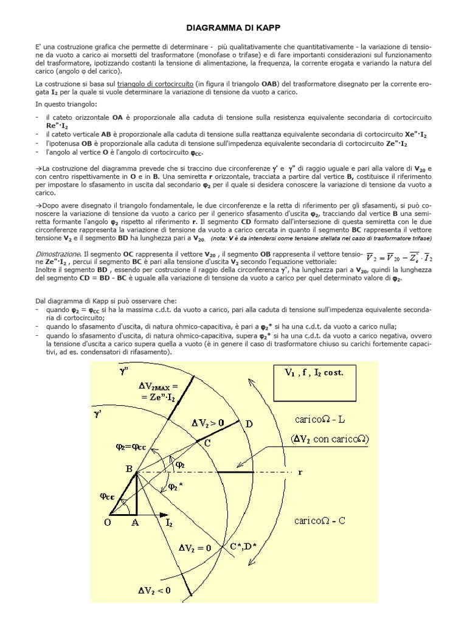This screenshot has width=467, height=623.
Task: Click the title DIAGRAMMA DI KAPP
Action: (233, 28)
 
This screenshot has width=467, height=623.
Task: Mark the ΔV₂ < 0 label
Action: (153, 590)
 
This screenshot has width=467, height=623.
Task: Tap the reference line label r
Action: (300, 472)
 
